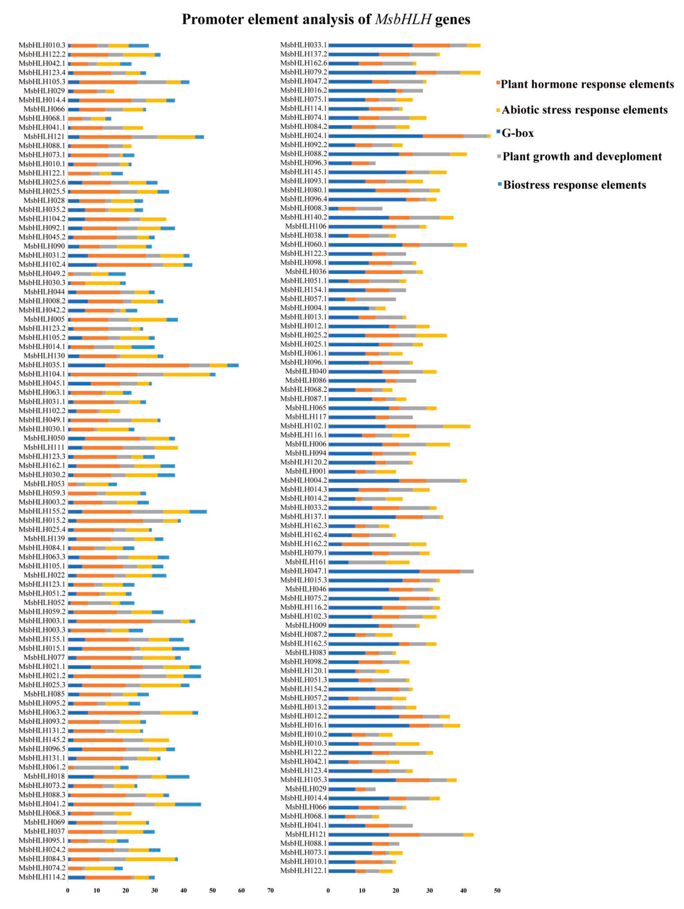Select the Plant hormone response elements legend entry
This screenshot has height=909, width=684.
tap(587, 84)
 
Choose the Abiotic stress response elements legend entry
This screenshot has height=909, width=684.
tap(584, 110)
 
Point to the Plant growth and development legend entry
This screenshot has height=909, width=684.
tap(582, 157)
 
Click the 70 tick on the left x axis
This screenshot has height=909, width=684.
tap(270, 890)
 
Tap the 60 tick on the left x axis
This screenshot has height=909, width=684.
tap(241, 890)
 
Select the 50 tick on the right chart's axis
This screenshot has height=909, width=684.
tap(497, 890)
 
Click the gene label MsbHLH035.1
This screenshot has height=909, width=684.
tap(42, 365)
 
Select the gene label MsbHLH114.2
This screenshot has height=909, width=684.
tap(42, 877)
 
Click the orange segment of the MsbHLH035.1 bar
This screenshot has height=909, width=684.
tap(147, 365)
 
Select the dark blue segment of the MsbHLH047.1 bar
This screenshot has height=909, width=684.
tap(374, 571)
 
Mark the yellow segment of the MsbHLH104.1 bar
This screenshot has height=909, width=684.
tap(186, 374)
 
